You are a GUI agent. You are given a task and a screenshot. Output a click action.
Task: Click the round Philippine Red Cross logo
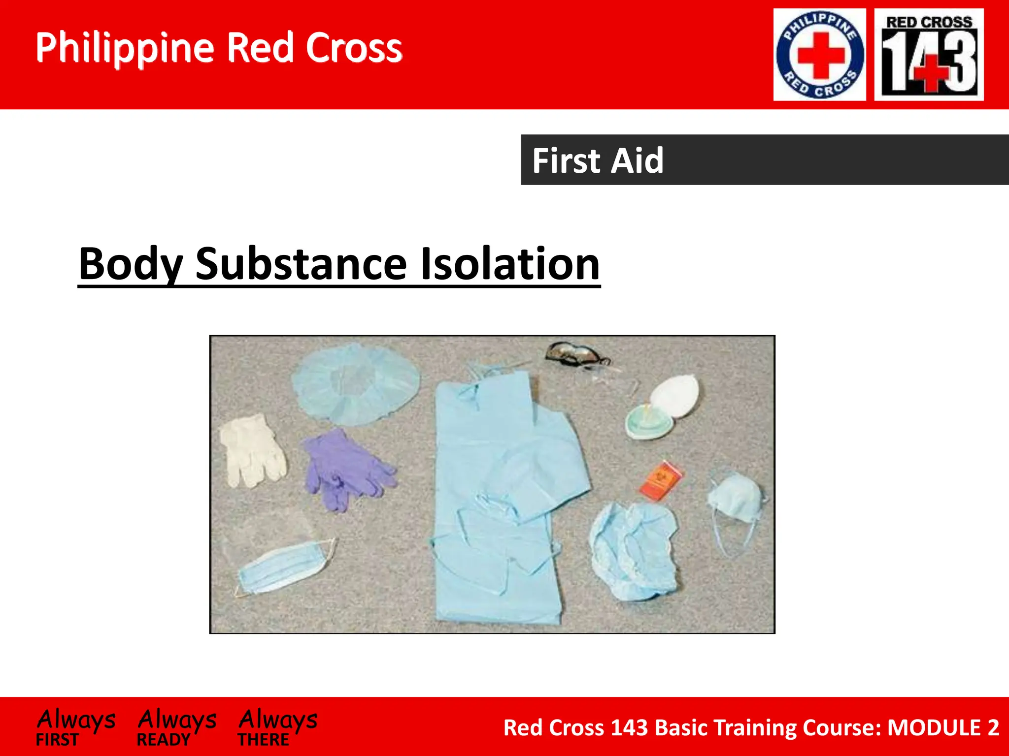[x=819, y=55]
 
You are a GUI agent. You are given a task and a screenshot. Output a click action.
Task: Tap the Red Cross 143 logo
[x=929, y=55]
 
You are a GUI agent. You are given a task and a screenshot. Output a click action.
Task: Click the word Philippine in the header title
[x=125, y=48]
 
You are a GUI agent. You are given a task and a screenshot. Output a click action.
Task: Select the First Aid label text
[x=598, y=160]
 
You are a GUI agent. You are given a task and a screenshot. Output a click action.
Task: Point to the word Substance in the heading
[x=301, y=264]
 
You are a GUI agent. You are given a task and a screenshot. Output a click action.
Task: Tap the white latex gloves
[x=252, y=450]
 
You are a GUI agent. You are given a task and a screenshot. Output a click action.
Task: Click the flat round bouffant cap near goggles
[x=355, y=384]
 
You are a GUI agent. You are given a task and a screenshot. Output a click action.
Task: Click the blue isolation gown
[x=498, y=492]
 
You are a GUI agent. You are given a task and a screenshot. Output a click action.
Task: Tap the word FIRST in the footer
[x=57, y=740]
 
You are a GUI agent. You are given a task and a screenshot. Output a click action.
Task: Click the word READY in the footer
[x=164, y=740]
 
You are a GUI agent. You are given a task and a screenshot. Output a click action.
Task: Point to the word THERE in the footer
[x=264, y=740]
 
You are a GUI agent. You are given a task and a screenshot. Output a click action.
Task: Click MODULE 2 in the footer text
[x=943, y=727]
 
